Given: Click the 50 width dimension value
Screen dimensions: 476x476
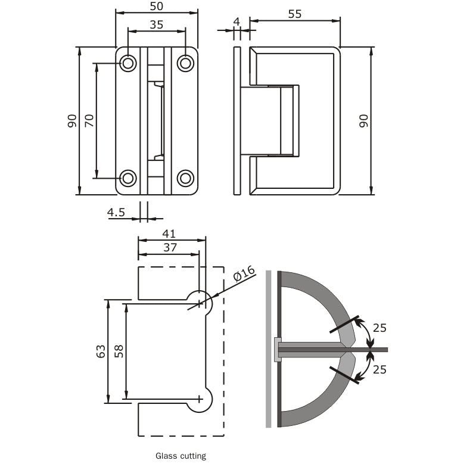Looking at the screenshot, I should click(x=156, y=6).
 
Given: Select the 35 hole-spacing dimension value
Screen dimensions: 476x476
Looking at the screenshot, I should click(x=156, y=24).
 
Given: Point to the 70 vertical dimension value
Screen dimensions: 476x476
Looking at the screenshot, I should click(x=89, y=121).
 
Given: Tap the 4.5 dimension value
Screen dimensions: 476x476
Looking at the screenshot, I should click(x=116, y=211).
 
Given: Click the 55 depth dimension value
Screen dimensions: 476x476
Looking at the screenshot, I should click(x=295, y=14).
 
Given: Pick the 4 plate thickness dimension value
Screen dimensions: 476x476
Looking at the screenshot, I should click(x=237, y=21).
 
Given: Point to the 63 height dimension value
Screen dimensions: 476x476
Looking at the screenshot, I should click(x=101, y=351).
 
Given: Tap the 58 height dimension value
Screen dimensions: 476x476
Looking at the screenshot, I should click(x=119, y=351).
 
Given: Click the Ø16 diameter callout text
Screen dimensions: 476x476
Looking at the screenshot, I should click(x=244, y=275).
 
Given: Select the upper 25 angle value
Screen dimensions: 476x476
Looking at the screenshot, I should click(x=379, y=327).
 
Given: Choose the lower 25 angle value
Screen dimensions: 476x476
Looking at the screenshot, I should click(x=379, y=369).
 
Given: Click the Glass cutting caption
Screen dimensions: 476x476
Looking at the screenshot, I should click(x=181, y=456).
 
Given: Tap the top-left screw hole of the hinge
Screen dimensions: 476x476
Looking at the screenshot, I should click(x=128, y=63).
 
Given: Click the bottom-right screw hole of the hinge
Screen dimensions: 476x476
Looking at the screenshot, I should click(x=186, y=178).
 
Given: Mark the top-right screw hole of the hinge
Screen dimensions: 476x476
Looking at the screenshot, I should click(x=186, y=63).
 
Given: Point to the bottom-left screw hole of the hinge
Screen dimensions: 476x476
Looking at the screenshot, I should click(x=128, y=178).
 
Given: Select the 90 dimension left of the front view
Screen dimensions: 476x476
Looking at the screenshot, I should click(x=71, y=121).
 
